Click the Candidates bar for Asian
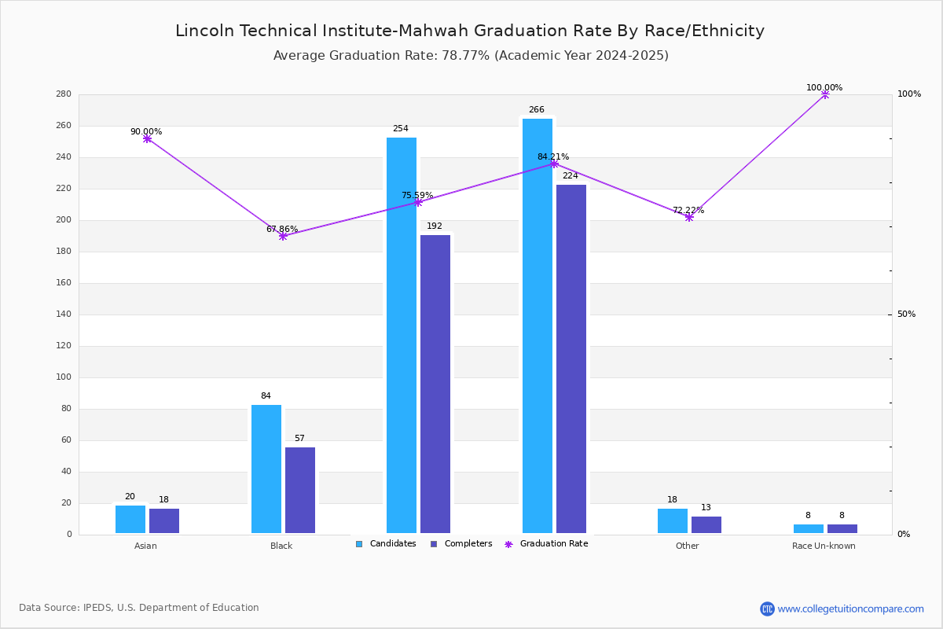coord(130,519)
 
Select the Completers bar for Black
coord(300,490)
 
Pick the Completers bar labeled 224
coord(571,359)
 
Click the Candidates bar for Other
coord(673,520)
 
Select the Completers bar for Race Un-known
coord(842,528)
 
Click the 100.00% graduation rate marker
coord(825,94)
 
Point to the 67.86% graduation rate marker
coord(283,236)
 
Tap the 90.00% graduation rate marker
coord(147,138)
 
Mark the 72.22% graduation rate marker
coord(689,217)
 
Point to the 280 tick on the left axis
coord(64,94)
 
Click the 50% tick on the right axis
coord(906,314)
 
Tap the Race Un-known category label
coord(824,546)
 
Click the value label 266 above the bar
coord(537,110)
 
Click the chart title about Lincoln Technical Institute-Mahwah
coord(470,31)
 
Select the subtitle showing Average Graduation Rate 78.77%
coord(471,56)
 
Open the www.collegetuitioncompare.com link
coord(850,609)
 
